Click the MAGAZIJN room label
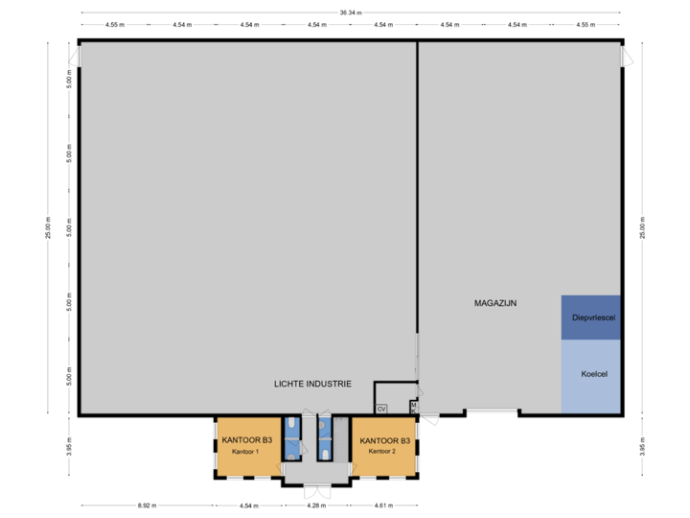click(x=495, y=303)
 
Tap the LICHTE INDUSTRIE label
click(x=312, y=384)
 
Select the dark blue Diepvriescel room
click(x=591, y=318)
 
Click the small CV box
click(x=381, y=409)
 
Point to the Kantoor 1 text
click(x=246, y=451)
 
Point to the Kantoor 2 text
click(x=384, y=451)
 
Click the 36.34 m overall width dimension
click(x=350, y=12)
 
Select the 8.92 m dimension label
click(x=148, y=505)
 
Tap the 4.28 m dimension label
click(x=314, y=505)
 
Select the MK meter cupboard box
click(x=413, y=408)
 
